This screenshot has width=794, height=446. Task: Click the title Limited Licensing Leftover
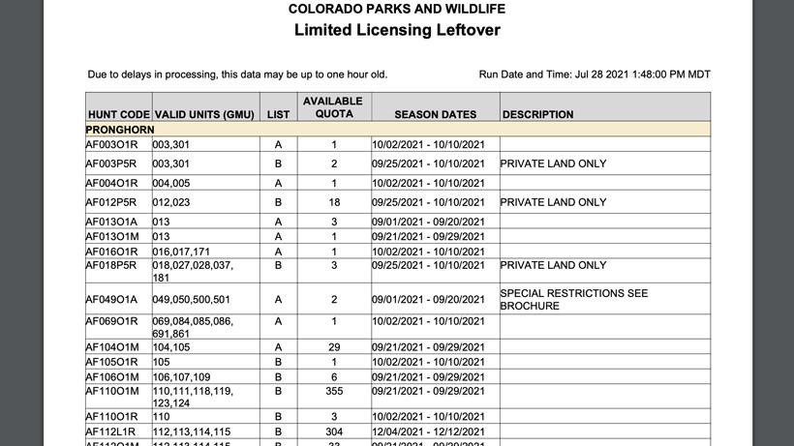click(x=396, y=30)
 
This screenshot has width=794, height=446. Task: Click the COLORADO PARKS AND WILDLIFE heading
click(x=396, y=9)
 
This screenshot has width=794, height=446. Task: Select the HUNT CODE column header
click(x=118, y=114)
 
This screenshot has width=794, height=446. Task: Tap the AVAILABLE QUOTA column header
click(x=333, y=107)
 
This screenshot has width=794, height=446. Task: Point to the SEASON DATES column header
click(x=436, y=114)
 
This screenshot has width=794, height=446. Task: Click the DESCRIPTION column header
click(x=537, y=114)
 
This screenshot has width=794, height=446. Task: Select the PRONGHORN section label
click(x=120, y=130)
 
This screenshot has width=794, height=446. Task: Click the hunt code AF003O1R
click(x=112, y=144)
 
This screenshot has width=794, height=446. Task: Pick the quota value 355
click(x=334, y=391)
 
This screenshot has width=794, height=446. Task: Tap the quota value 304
click(x=334, y=431)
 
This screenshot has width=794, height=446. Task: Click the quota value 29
click(x=334, y=346)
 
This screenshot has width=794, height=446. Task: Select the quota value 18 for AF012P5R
click(x=334, y=202)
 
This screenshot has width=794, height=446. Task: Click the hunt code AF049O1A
click(x=112, y=300)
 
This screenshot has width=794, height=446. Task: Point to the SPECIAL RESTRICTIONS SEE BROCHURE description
click(x=573, y=299)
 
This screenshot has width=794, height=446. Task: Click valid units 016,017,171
click(x=181, y=252)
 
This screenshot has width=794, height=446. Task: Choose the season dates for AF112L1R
click(x=428, y=431)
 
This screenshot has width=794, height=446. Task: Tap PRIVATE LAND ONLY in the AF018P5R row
click(x=553, y=265)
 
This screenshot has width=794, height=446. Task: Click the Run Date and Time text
click(x=595, y=74)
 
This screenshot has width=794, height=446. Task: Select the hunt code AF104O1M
click(x=112, y=346)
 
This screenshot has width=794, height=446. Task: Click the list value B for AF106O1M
click(x=278, y=377)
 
